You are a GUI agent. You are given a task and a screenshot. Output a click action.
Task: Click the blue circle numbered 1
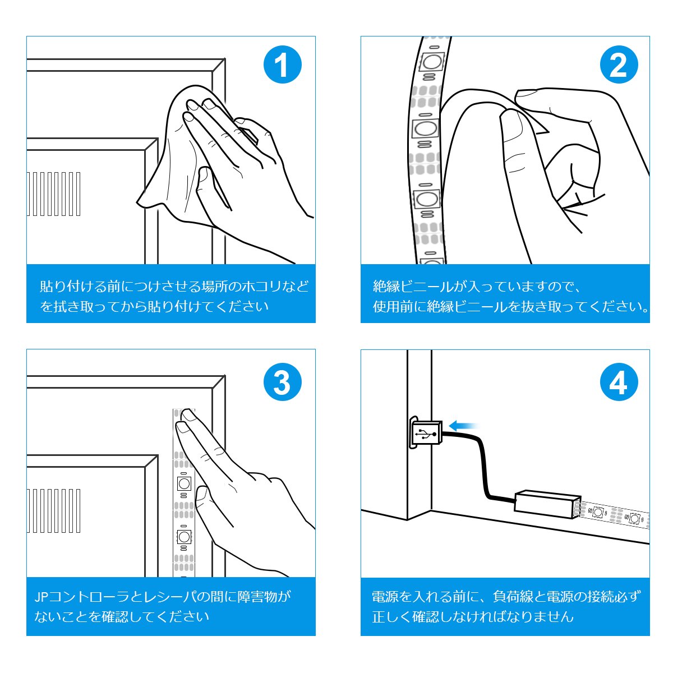282,64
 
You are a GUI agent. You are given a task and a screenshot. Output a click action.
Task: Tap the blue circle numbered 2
619,64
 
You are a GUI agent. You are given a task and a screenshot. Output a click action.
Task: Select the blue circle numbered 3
282,382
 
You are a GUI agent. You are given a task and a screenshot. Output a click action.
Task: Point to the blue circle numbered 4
619,382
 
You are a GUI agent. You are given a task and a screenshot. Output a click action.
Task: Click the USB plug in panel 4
426,433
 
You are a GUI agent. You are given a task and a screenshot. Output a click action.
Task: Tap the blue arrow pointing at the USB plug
463,426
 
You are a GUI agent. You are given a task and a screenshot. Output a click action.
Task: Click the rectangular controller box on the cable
547,504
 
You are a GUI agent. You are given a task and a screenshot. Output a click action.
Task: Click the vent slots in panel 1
53,194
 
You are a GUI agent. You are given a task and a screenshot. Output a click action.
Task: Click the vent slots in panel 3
53,511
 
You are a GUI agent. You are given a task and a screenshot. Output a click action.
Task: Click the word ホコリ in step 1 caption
261,287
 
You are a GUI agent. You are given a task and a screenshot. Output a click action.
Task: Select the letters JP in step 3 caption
41,597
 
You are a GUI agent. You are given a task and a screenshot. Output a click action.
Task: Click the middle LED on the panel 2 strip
425,128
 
